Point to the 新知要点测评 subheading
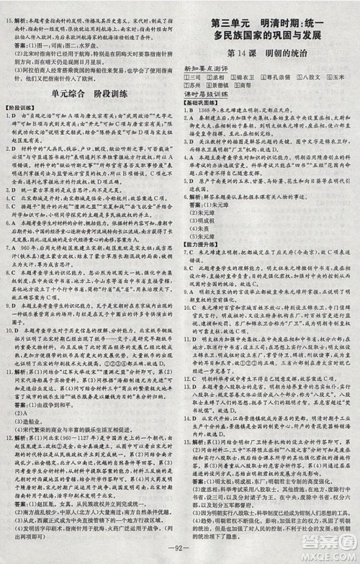[206, 67]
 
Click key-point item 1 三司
[197, 76]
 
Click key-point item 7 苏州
[197, 85]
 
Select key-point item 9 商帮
[251, 85]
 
